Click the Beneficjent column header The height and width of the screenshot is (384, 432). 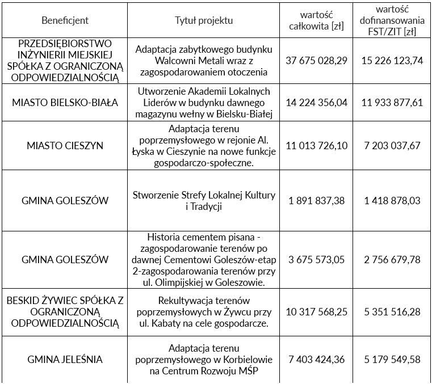[65, 20]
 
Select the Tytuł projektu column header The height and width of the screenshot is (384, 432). [204, 20]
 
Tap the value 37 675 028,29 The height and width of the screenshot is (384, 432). [317, 61]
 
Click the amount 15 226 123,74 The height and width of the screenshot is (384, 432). [392, 61]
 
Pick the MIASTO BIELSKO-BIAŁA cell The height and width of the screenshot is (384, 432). [65, 103]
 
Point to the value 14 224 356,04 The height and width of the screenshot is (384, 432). [317, 103]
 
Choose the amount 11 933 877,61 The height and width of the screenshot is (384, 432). [392, 103]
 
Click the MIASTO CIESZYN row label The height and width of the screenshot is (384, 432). [65, 146]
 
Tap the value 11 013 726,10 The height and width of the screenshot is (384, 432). [317, 146]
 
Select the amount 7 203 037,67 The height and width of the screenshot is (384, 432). [392, 146]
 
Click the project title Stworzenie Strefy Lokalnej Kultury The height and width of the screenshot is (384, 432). [204, 195]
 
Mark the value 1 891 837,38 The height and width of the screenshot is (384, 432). [317, 201]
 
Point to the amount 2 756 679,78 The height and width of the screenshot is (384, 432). [392, 260]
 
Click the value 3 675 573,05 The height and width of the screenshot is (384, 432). [317, 260]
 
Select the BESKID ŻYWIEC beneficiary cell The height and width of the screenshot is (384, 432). [65, 311]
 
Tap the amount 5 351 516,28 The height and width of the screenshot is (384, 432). [392, 311]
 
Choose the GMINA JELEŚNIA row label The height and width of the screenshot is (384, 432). [65, 360]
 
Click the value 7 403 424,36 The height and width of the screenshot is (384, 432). [317, 360]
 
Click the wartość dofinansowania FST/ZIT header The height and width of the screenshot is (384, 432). [392, 20]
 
